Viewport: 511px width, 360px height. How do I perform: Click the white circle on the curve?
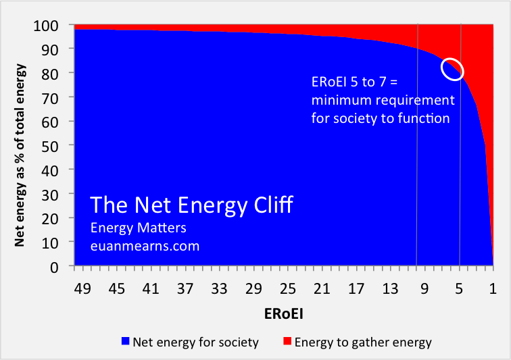pyautogui.click(x=453, y=68)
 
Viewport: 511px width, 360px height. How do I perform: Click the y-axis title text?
pyautogui.click(x=21, y=146)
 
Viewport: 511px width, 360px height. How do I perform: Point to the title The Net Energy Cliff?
pyautogui.click(x=192, y=205)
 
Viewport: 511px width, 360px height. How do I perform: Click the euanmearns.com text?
pyautogui.click(x=145, y=246)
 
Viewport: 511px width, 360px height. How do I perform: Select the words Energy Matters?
pyautogui.click(x=138, y=228)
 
